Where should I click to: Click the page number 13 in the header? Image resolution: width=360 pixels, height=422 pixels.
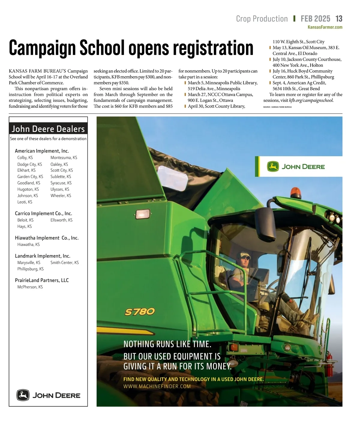pos(339,19)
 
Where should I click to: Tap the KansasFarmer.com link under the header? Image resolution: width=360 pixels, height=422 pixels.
pos(325,27)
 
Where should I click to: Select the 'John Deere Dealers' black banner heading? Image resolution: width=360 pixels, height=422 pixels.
pos(48,129)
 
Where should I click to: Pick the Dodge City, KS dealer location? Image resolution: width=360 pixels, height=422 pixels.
pos(30,164)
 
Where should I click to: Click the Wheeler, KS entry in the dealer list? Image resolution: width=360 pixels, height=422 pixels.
pos(61,196)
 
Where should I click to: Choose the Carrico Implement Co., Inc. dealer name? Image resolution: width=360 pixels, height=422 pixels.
pos(43,213)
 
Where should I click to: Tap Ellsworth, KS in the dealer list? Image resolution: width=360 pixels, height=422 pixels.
pos(61,220)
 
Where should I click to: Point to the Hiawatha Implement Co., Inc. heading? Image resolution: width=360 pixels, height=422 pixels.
pos(47,238)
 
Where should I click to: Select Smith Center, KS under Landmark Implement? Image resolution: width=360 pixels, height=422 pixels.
pos(64,263)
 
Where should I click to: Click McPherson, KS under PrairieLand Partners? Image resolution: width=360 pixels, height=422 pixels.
pos(30,287)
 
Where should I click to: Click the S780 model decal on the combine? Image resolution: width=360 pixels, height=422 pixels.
pos(140,312)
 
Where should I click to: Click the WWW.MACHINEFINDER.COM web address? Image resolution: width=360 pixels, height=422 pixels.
pos(157,387)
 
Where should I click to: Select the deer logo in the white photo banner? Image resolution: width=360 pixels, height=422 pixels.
pos(273,167)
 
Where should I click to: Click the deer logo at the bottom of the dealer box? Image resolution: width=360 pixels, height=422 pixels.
pos(23,395)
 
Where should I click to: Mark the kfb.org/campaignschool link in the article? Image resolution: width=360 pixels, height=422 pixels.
pos(311,100)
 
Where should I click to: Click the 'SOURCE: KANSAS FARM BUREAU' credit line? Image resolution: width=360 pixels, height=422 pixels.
pos(277,107)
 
